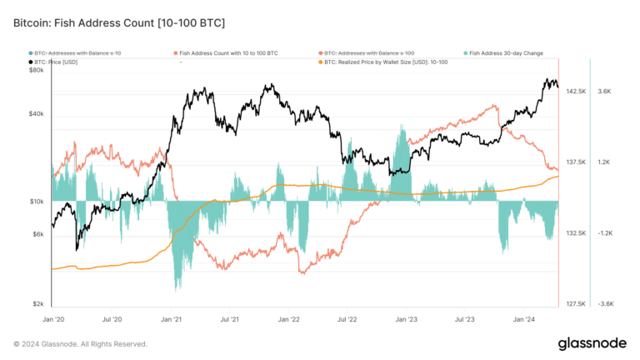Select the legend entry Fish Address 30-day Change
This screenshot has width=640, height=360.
click(x=506, y=52)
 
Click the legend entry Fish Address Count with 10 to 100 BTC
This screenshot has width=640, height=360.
click(x=227, y=52)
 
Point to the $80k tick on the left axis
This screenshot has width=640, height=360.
click(x=36, y=70)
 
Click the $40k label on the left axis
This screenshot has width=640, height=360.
click(x=36, y=114)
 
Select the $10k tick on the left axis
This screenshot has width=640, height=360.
click(x=36, y=202)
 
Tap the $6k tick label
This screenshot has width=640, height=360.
click(x=37, y=234)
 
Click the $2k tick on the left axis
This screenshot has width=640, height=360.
click(x=37, y=304)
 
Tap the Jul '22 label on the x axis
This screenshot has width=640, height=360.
click(x=347, y=319)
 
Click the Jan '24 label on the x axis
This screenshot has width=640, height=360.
click(x=524, y=319)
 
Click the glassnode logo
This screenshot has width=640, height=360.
click(x=592, y=343)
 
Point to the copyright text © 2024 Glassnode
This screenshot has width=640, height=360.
click(x=80, y=343)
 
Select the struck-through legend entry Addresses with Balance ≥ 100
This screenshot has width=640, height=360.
click(x=370, y=52)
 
